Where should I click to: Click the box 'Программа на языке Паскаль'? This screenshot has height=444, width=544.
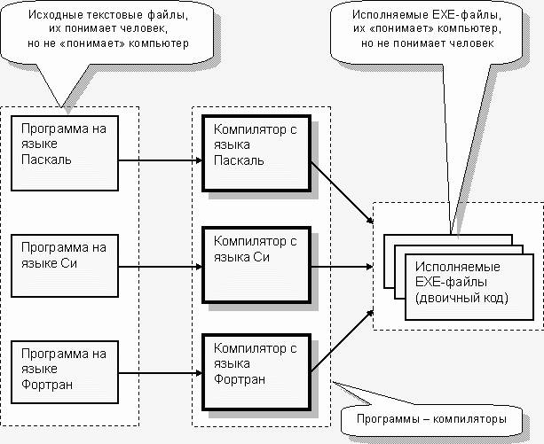tap(65, 153)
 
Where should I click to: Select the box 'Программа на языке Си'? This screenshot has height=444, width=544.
tap(65, 266)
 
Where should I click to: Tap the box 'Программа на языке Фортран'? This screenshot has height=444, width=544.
tap(65, 372)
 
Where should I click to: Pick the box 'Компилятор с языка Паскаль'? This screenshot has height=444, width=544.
tap(256, 153)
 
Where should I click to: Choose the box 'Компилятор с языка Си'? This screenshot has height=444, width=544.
tap(256, 265)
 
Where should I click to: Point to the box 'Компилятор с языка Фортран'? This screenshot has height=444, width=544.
tap(256, 372)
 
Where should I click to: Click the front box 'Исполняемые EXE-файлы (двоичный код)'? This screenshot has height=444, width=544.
tap(469, 287)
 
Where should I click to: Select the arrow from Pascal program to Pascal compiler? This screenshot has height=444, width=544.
tap(161, 160)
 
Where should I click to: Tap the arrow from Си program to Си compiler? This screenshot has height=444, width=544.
tap(161, 267)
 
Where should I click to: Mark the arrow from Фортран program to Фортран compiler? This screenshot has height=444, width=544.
tap(161, 373)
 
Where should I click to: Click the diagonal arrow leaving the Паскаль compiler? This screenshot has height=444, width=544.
tap(342, 192)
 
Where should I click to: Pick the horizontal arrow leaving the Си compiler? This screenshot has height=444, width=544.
tap(342, 267)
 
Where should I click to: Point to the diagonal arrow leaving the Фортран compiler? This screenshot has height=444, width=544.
tap(342, 341)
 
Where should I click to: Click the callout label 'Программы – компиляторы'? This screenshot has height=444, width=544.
tap(431, 418)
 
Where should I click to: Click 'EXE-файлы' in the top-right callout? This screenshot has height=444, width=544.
tap(468, 14)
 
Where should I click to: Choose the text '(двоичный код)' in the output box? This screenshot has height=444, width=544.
tap(461, 298)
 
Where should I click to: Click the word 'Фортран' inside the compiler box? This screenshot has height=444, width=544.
tap(240, 379)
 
